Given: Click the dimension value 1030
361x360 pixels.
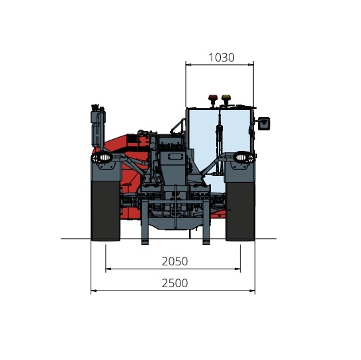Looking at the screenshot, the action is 221,58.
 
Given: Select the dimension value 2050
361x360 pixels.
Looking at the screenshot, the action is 175,261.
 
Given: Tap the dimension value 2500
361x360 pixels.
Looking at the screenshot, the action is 175,283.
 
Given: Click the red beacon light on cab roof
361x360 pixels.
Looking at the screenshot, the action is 213,98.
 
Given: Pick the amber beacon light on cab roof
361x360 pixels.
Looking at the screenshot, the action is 226,98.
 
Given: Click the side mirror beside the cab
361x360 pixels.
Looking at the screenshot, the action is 264,124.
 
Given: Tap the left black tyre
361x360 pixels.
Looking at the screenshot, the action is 106,211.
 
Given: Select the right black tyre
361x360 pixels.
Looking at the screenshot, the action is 240,211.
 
